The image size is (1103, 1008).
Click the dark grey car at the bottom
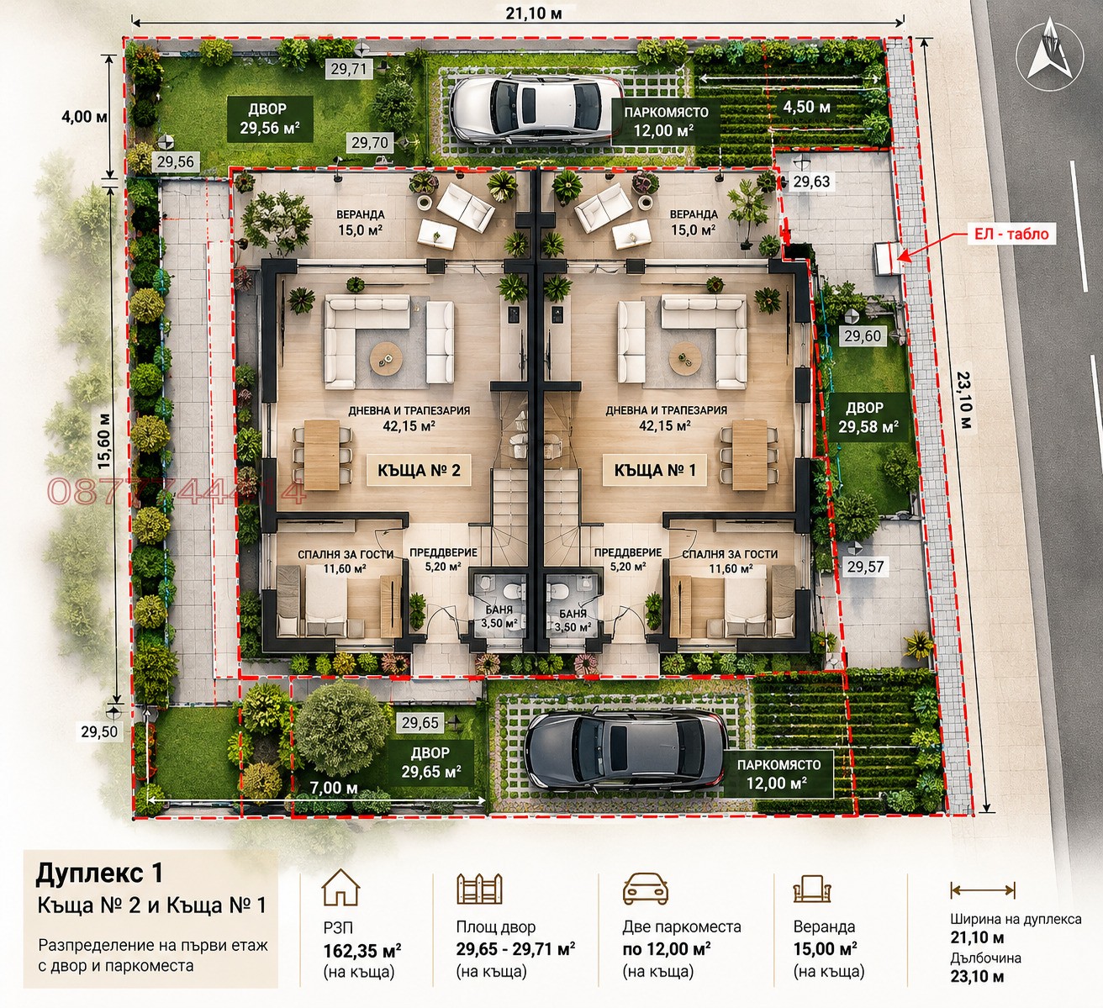(625, 749)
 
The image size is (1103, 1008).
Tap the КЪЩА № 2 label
(419, 470)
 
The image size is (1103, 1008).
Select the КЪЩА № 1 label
(655, 470)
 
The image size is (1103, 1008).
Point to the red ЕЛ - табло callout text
(1011, 235)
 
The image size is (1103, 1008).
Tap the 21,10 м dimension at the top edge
(534, 13)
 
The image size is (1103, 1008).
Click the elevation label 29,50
(99, 731)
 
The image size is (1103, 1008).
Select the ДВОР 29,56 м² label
(270, 119)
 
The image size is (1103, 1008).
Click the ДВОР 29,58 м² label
(868, 417)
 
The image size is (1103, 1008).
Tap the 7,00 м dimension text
(334, 788)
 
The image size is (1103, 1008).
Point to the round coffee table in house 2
(385, 358)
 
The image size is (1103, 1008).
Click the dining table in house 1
(749, 455)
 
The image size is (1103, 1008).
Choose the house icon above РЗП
(340, 887)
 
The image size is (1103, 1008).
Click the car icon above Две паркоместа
(646, 888)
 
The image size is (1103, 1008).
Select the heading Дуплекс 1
(99, 873)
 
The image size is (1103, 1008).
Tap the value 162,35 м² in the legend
(362, 951)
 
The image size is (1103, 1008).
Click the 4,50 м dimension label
(806, 107)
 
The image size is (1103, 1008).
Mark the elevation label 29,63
(811, 182)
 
